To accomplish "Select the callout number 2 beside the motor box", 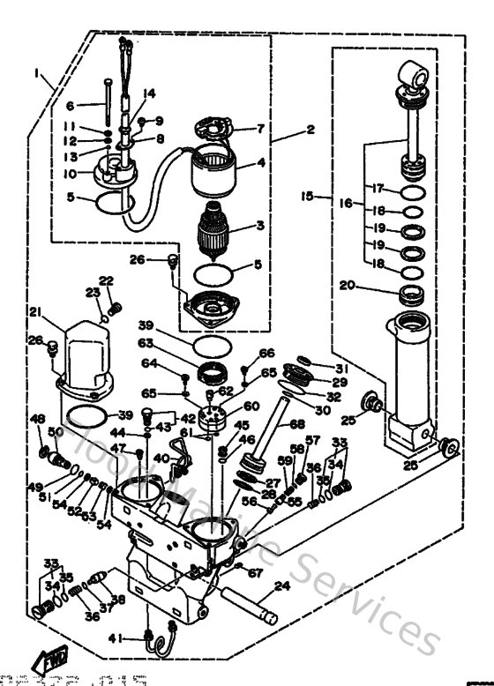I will click(x=310, y=130).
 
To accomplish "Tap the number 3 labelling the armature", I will click(x=259, y=226).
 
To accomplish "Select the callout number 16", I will click(x=346, y=203).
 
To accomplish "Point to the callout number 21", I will click(x=35, y=311).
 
